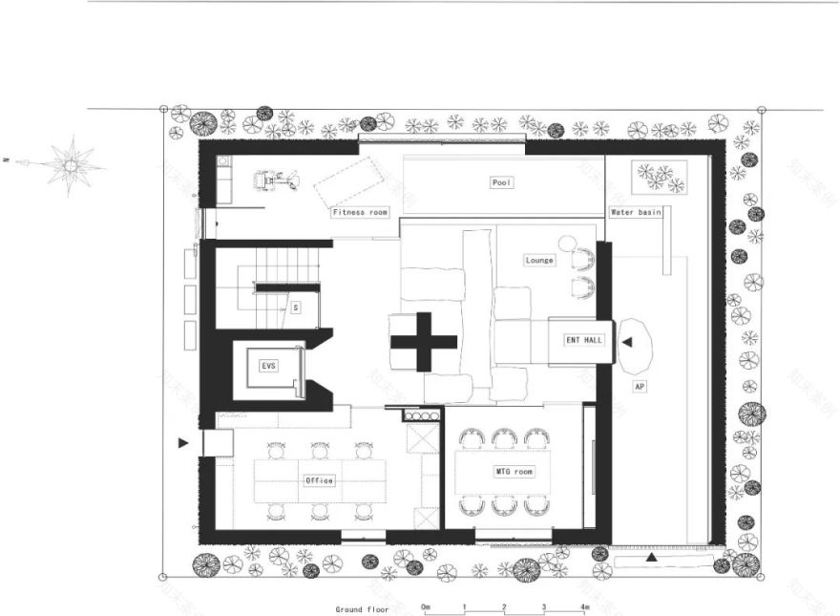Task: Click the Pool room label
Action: tap(503, 182)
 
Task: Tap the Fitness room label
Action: tap(360, 212)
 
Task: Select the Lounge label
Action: tap(539, 260)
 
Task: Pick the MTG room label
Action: tap(514, 472)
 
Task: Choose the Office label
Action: tap(319, 480)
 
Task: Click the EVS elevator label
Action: tap(269, 366)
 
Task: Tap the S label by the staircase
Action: tap(296, 308)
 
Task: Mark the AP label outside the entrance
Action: tap(640, 387)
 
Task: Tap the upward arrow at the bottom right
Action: tap(652, 556)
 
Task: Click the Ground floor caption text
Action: tap(362, 608)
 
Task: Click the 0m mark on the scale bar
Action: tap(426, 606)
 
